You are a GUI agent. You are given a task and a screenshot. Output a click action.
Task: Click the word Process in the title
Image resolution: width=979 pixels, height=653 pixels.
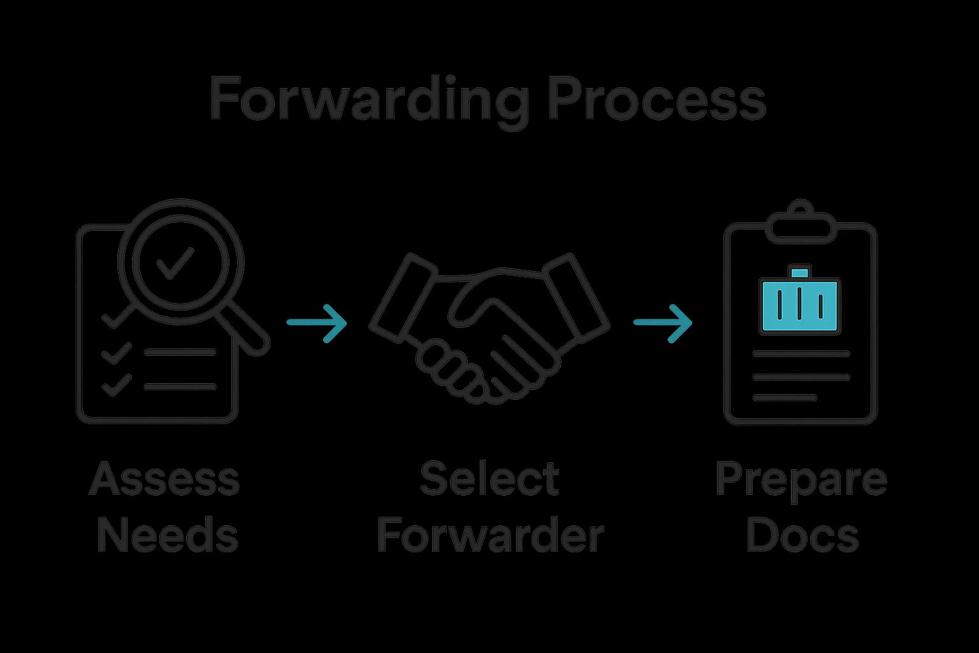click(656, 99)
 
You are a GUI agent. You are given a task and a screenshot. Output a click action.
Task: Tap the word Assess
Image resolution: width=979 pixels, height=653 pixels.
click(164, 479)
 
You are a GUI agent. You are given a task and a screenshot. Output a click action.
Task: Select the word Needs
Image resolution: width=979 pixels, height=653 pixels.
click(167, 536)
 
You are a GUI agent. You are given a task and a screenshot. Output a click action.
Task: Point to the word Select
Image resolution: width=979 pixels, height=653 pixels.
click(489, 479)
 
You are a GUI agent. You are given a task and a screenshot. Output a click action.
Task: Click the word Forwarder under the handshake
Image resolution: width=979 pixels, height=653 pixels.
click(489, 536)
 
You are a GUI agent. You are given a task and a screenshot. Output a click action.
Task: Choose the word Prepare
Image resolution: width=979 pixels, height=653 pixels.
click(801, 480)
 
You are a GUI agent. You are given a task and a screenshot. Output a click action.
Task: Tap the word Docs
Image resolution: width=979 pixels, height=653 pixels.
click(802, 536)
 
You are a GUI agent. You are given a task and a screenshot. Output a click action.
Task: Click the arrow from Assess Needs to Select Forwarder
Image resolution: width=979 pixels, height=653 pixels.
click(317, 323)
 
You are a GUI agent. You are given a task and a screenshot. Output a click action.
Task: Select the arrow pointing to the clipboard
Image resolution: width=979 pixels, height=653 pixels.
click(663, 323)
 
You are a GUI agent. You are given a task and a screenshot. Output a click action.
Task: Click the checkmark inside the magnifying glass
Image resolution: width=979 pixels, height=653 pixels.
click(175, 263)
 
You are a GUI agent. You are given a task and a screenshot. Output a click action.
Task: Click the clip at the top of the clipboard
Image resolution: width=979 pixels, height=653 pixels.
click(801, 223)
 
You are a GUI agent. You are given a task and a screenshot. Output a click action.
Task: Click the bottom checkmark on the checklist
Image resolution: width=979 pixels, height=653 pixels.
click(117, 385)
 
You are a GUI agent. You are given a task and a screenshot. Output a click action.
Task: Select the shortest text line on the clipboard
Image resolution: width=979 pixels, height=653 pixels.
click(785, 398)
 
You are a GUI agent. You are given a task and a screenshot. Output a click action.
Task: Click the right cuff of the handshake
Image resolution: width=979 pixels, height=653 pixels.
click(576, 296)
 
